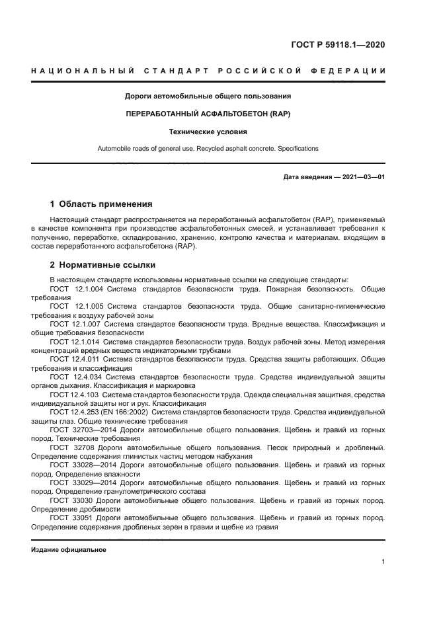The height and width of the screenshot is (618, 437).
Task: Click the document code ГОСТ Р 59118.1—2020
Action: click(338, 45)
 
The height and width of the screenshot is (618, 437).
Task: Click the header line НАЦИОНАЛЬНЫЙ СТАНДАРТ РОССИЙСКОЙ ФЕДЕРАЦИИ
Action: click(208, 71)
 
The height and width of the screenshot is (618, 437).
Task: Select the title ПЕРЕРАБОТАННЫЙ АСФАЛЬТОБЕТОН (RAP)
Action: click(208, 114)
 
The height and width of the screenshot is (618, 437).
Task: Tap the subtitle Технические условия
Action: click(208, 132)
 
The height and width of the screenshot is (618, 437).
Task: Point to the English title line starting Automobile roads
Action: click(208, 149)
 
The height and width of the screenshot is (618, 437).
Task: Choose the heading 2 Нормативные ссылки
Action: click(102, 265)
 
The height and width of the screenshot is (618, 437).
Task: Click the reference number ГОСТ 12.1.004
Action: click(75, 290)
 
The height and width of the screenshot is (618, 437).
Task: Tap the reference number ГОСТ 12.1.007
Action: click(75, 324)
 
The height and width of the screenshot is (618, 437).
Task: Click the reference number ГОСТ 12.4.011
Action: click(75, 358)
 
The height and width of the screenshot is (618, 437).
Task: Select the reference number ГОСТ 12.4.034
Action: click(75, 377)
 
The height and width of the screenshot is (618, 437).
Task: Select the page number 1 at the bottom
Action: click(383, 562)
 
